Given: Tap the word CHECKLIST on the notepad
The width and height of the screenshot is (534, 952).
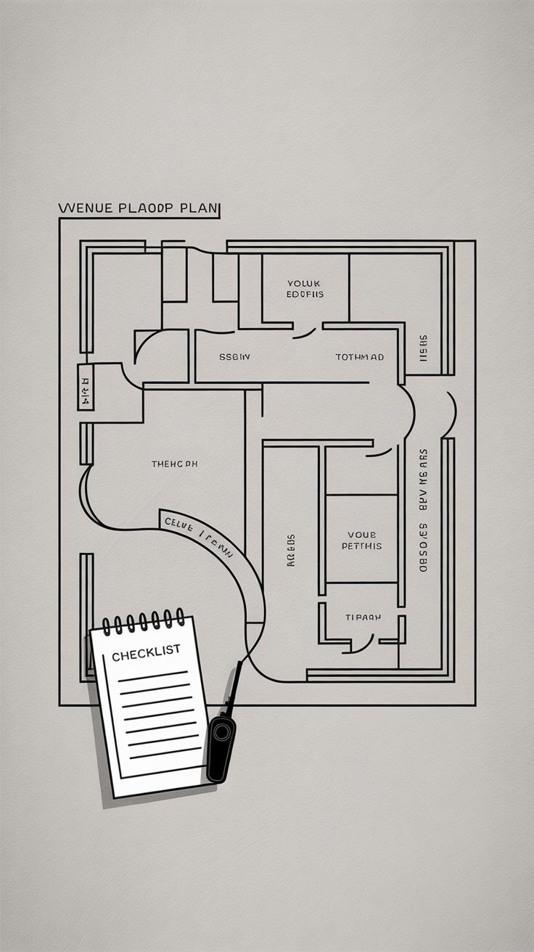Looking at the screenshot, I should point(146,653).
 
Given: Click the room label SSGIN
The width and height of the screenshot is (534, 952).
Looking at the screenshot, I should point(234,357).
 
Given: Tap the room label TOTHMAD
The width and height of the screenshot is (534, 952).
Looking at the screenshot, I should point(359,357).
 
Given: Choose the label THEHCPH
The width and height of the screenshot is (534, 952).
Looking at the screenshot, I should point(174,464).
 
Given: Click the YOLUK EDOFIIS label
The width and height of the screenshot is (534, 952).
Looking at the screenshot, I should point(305,289).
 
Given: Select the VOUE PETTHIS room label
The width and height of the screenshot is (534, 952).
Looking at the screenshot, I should point(361,540).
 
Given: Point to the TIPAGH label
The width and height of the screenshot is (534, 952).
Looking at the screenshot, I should point(363,617).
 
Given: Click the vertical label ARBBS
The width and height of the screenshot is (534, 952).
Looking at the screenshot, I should point(291,550).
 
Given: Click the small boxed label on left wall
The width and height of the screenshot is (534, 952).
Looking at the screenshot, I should point(85,387).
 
